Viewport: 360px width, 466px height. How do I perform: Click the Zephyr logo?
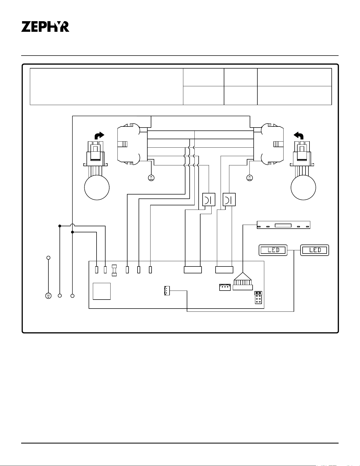point(45,27)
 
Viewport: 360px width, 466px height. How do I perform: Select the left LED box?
point(273,250)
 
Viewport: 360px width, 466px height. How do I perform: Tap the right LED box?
point(315,250)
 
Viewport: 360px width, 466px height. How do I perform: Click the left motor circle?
point(97,187)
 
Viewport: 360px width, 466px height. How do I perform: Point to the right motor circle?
point(303,187)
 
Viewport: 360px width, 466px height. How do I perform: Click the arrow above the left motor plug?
point(99,135)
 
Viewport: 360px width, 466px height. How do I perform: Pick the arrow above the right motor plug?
point(299,135)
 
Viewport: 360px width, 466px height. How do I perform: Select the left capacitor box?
point(209,200)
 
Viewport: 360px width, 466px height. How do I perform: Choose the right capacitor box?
point(229,200)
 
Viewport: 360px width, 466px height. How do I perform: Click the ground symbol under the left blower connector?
point(151,178)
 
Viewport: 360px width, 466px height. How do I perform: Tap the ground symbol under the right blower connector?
point(249,178)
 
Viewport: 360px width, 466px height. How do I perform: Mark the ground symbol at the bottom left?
point(48,296)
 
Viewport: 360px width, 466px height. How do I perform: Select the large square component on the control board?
point(102,291)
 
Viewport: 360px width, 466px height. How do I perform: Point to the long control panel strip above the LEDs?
point(284,225)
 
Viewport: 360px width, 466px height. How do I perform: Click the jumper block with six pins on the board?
point(258,297)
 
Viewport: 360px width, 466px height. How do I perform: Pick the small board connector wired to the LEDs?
point(167,291)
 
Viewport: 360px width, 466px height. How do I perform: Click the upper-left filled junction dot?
point(60,226)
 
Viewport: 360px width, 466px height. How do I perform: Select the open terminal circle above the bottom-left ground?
point(48,257)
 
